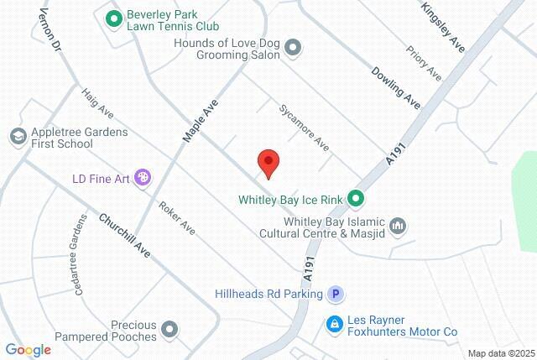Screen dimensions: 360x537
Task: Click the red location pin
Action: (268, 162)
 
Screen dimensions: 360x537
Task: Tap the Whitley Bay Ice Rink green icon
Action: (356, 199)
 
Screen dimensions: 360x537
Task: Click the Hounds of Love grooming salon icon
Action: (293, 49)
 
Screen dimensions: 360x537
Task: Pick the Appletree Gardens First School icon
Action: (17, 135)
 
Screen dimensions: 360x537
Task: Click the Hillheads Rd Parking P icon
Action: (335, 294)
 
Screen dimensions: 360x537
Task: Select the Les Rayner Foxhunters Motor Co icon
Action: (334, 323)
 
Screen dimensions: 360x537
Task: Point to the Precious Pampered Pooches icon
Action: (170, 329)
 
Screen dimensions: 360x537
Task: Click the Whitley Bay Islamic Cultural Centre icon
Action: (399, 225)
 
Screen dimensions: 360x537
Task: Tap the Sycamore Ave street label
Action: (304, 127)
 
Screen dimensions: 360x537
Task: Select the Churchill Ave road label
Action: (124, 236)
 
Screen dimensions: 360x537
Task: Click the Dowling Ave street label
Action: (394, 87)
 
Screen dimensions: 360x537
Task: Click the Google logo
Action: (28, 349)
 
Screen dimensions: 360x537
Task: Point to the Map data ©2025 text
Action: (501, 352)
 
